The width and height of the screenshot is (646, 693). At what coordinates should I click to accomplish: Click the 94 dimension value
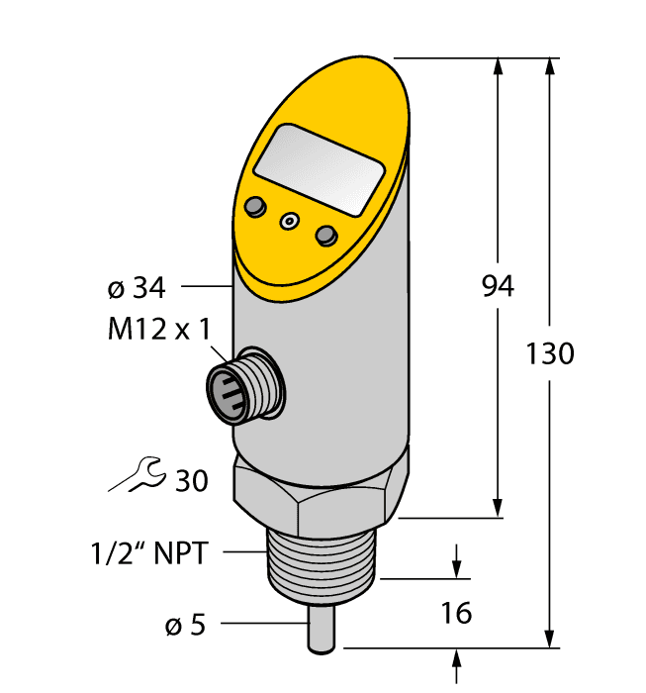click(498, 287)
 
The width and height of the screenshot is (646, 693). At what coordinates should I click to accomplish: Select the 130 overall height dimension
click(549, 353)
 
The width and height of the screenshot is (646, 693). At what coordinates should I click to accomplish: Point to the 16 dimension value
click(455, 613)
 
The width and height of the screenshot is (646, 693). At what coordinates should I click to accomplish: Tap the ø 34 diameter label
click(136, 288)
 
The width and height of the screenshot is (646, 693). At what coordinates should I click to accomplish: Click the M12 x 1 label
click(158, 329)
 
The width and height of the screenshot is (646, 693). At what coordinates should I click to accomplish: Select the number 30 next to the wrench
click(191, 481)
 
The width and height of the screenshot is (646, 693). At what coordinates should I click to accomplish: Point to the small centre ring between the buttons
click(290, 222)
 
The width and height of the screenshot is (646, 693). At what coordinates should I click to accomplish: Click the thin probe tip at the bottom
click(323, 633)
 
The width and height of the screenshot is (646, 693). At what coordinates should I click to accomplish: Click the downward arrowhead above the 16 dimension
click(458, 568)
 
